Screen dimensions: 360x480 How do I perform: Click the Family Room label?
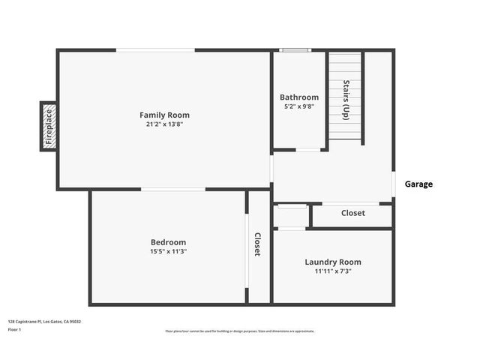click(164, 115)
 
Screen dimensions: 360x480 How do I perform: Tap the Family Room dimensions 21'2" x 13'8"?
click(164, 124)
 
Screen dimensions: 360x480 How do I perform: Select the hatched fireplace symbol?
click(49, 126)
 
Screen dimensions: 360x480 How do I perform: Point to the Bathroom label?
click(299, 97)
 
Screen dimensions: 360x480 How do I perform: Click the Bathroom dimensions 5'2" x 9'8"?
click(299, 106)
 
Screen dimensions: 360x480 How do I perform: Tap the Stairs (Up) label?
click(346, 100)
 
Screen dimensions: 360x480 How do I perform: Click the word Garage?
click(418, 184)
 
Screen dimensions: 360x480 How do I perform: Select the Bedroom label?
click(168, 242)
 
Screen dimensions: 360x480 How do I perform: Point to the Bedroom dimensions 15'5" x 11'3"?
click(168, 251)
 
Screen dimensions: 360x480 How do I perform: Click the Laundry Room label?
click(333, 262)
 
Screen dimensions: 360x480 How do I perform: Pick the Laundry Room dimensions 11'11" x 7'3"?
click(333, 271)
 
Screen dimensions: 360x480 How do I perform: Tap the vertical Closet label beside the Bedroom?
click(257, 244)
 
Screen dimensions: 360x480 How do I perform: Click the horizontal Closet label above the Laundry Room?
click(353, 213)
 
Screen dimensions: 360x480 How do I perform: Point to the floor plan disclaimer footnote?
click(240, 331)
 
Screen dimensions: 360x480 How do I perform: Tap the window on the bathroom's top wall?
click(294, 50)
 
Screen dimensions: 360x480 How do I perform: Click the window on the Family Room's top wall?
click(155, 50)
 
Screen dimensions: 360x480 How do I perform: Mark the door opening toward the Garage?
click(394, 184)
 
